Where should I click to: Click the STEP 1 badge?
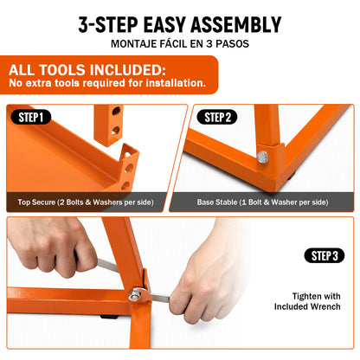coord(31,117)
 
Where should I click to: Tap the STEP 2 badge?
coord(217,117)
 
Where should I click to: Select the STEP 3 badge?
coord(325,255)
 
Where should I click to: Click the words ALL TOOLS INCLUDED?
coord(87,70)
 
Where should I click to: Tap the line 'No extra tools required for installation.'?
coord(107,83)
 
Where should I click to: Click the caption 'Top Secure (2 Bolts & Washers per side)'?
coord(86,202)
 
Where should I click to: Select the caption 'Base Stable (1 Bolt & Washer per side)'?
coord(262,202)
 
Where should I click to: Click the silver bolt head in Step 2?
coord(262,157)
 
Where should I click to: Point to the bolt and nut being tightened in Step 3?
coord(135,295)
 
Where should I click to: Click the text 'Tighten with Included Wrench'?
coord(307,301)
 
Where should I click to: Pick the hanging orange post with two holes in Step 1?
coord(109,124)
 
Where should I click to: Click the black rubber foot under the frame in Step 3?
coord(109,317)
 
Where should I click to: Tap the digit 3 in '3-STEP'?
coord(83,25)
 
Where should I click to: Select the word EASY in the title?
coord(164,25)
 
